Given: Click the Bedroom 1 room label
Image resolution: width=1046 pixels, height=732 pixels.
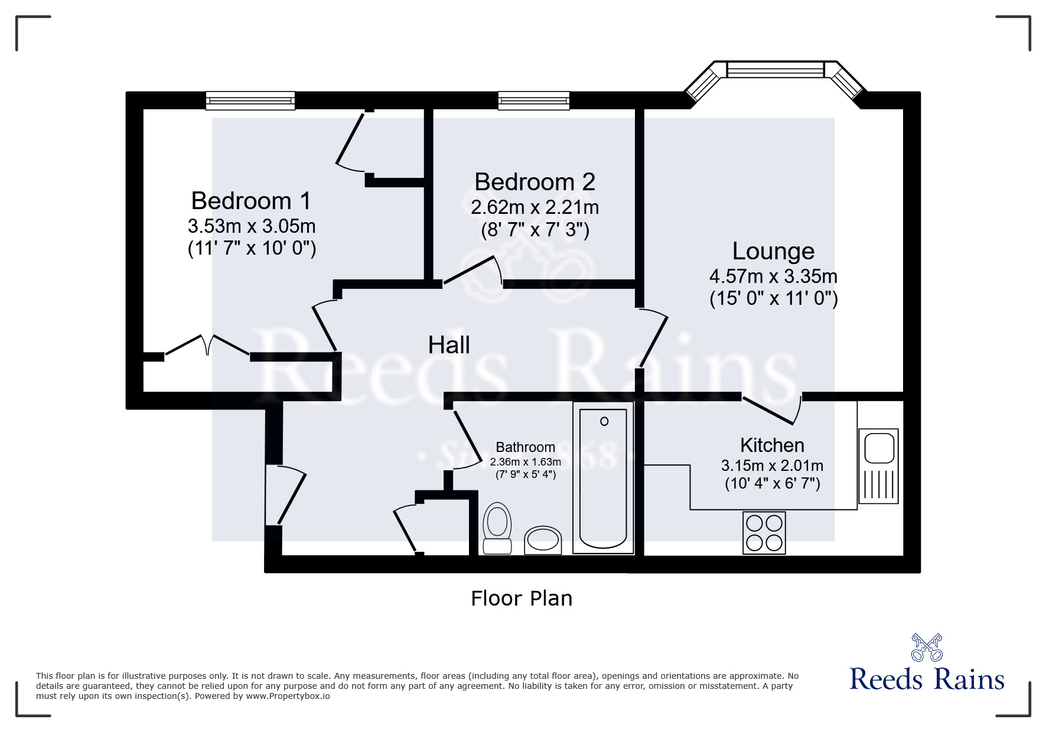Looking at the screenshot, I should tap(251, 201).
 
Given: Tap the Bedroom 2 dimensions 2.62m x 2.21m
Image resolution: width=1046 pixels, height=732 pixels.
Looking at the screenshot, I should tap(535, 207).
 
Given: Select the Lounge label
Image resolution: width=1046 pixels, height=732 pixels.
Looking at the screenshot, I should tap(773, 251).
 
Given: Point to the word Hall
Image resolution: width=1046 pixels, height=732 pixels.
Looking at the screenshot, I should tap(449, 345).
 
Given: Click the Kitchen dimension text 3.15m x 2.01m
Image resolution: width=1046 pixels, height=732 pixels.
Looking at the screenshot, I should tap(772, 466).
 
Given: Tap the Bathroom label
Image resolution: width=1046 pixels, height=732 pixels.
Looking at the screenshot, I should tap(525, 447).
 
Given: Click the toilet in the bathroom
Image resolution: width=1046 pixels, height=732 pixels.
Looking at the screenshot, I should tap(497, 528).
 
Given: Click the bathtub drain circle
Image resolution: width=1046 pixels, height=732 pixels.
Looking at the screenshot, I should tap(604, 421).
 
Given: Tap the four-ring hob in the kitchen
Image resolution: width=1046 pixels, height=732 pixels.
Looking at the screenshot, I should tap(764, 533).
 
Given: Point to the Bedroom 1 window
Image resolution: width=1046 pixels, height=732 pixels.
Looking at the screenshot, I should tap(250, 101).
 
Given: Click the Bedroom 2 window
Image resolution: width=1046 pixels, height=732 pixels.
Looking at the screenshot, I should tap(534, 101).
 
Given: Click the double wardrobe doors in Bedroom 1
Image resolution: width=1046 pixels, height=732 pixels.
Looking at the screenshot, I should tap(207, 345).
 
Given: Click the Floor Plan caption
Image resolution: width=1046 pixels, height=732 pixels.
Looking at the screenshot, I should tap(522, 598).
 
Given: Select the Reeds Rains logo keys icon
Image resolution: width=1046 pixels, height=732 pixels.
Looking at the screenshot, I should tap(927, 648).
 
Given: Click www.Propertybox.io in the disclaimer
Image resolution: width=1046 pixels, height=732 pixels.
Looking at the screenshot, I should tap(288, 696).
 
